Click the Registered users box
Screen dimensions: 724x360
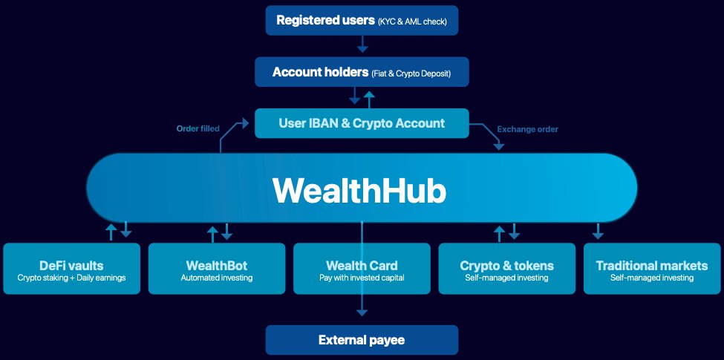(362, 20)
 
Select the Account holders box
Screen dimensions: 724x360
(362, 73)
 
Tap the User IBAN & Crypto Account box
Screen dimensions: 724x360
(362, 123)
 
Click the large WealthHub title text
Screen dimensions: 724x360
(359, 190)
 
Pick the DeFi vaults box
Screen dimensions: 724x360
(71, 268)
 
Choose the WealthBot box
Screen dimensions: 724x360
(217, 268)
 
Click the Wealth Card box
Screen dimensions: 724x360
(362, 268)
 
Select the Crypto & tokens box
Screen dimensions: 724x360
(507, 268)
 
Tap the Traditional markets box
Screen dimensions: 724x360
(653, 268)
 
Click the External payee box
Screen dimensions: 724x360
(362, 341)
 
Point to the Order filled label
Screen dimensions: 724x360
(198, 129)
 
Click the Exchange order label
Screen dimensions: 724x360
(527, 129)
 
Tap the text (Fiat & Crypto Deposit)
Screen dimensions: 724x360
(411, 73)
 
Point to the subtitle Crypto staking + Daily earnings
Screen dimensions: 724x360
(71, 278)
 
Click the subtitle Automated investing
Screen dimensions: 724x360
(217, 278)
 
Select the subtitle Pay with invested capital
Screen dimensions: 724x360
(362, 278)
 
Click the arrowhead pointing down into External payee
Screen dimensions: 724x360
(362, 314)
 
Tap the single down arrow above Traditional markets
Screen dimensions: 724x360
(599, 232)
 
